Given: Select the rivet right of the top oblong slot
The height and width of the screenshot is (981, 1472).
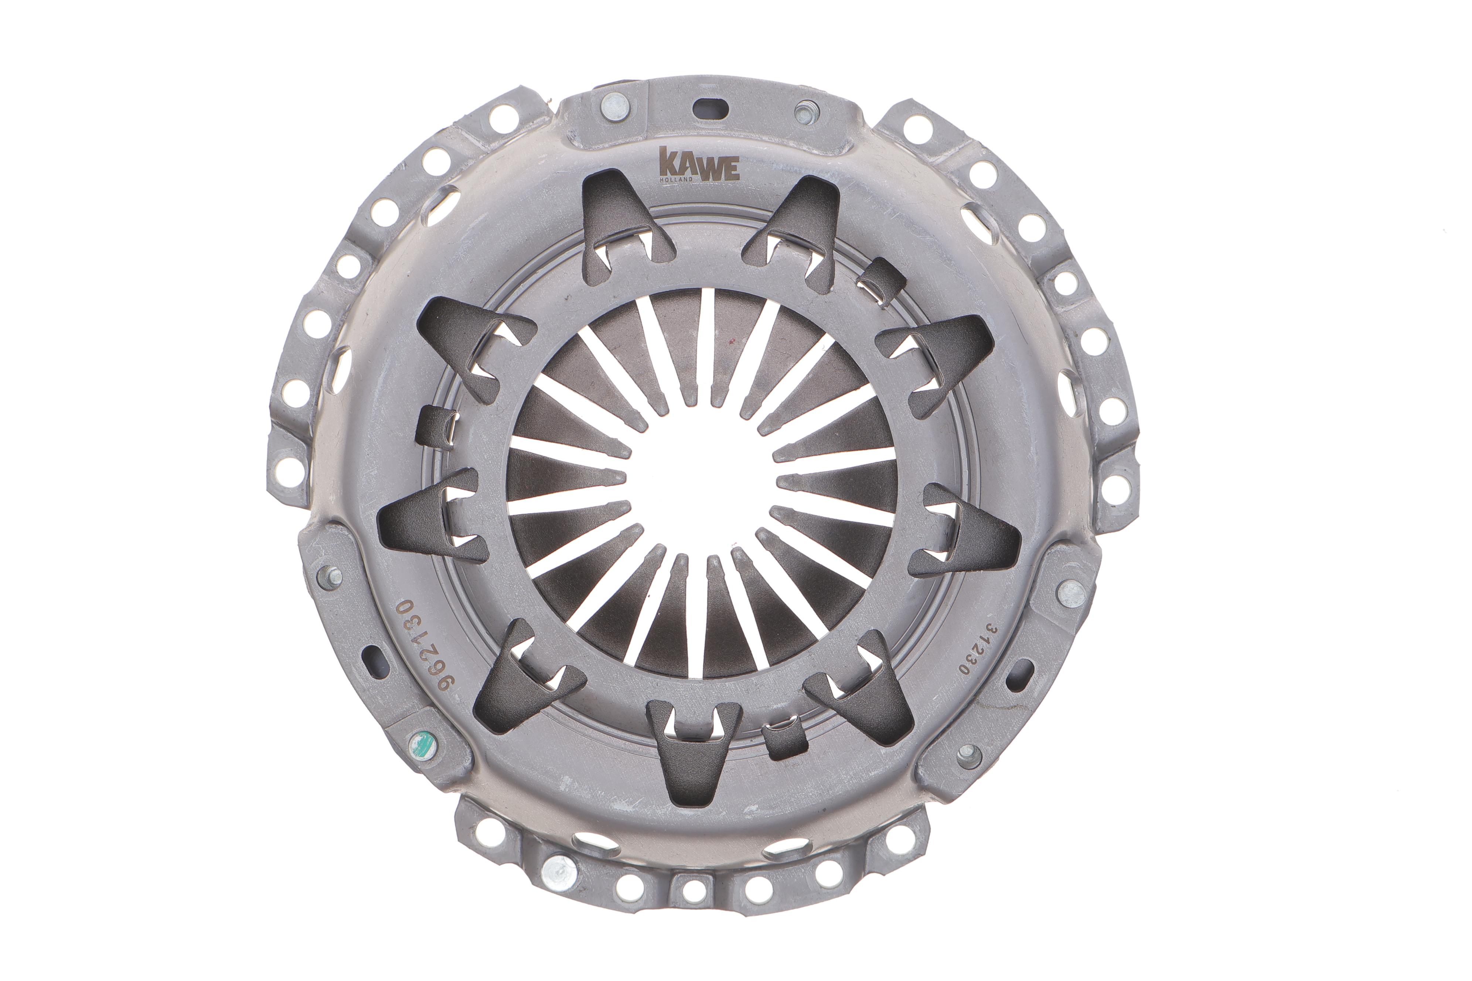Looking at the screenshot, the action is [x=805, y=112].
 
